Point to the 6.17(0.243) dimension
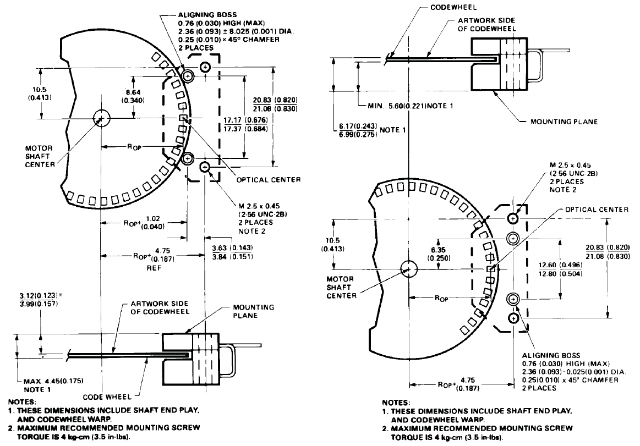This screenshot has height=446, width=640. (x=355, y=126)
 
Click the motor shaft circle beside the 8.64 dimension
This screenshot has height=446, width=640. (x=101, y=117)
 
